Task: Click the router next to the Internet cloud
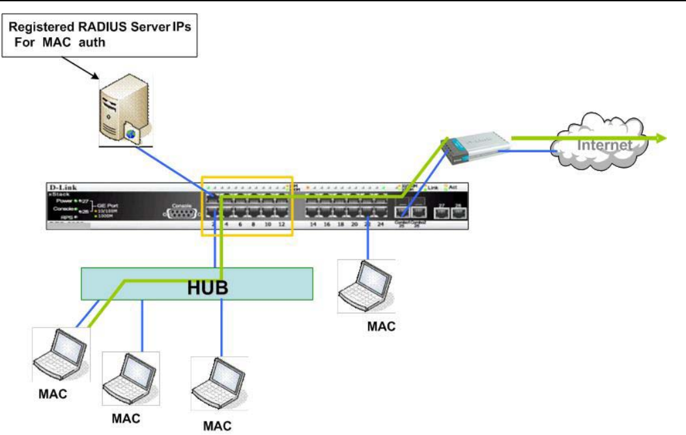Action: tap(476, 146)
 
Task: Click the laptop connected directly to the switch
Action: tap(366, 288)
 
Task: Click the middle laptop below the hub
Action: tap(129, 378)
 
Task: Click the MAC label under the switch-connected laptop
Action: tap(381, 325)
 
